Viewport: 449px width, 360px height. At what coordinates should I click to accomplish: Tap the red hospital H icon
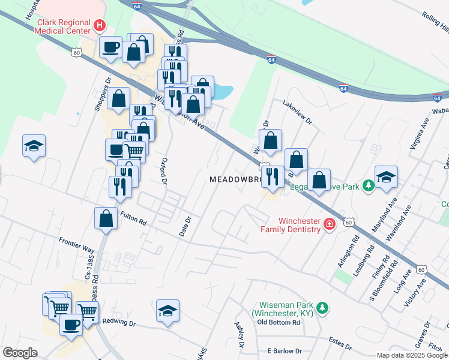(x=100, y=26)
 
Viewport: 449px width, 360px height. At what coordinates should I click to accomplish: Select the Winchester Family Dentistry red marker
(x=328, y=224)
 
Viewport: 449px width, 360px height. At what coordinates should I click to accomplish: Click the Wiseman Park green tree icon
(x=323, y=308)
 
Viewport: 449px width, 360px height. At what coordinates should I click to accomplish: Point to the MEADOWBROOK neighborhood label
(x=236, y=179)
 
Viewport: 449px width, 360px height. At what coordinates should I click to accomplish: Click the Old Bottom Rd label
(x=278, y=322)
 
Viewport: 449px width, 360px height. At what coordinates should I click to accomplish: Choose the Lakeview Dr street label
(x=298, y=112)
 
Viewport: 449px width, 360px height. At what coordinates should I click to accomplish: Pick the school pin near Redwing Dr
(x=167, y=311)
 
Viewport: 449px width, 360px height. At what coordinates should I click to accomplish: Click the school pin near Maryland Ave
(x=386, y=177)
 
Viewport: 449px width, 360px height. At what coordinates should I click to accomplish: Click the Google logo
(x=20, y=353)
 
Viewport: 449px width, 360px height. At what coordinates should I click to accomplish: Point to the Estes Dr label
(x=340, y=343)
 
